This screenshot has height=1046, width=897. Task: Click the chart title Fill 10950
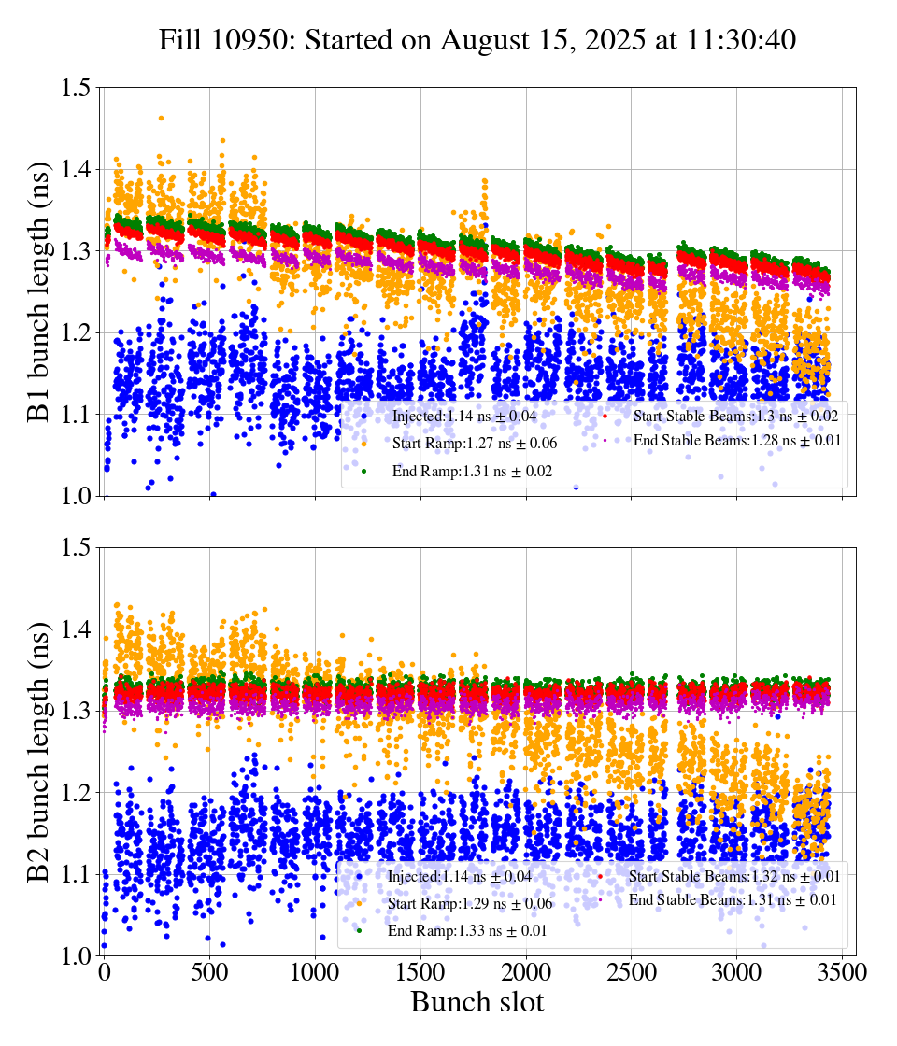point(477,41)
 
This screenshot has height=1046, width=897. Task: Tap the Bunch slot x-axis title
point(477,1002)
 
